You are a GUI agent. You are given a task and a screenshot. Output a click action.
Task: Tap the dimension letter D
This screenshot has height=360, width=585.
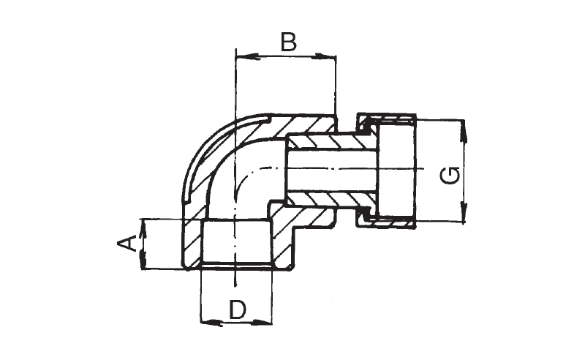[237, 310]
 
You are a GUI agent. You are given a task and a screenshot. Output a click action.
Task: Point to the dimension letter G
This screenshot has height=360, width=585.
[453, 176]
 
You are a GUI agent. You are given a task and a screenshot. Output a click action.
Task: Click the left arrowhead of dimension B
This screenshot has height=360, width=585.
[241, 56]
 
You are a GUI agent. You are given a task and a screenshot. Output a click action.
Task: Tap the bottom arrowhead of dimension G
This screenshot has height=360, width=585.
[462, 215]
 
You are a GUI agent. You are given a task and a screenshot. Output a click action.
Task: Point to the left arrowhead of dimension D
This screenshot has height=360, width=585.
[208, 320]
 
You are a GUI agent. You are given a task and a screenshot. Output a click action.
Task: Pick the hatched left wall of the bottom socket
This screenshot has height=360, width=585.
[192, 245]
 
